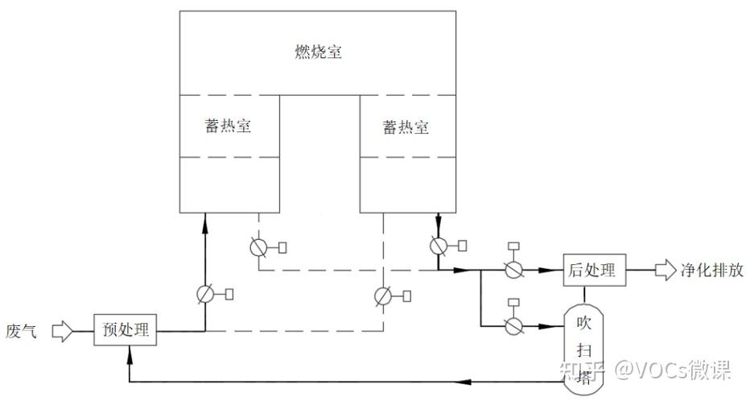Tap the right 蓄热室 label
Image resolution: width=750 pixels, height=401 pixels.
pos(406,127)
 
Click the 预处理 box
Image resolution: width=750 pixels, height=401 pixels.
pos(126,329)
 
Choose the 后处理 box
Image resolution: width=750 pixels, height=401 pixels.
pos(594,270)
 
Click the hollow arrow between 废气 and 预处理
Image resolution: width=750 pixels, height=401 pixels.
pos(63,330)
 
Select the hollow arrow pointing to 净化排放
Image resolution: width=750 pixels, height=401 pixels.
pos(665,271)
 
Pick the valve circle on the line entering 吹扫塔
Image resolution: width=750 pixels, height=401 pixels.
pos(513,325)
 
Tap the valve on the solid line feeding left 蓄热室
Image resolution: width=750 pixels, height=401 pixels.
pos(205,295)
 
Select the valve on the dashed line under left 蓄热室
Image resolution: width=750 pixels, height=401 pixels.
pos(259,247)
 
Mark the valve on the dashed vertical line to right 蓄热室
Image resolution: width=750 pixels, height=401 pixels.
pos(383,296)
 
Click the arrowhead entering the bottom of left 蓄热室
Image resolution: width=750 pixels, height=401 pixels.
pos(205,220)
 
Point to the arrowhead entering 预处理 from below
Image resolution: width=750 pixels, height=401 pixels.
pos(129,352)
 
